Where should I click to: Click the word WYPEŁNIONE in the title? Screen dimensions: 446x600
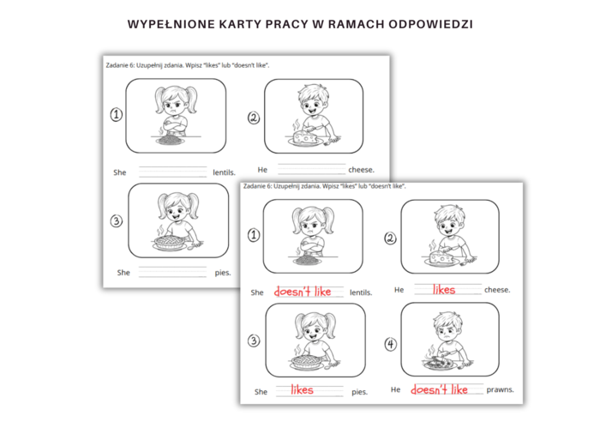[169, 24]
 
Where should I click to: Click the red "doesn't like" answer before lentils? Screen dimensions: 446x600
[302, 292]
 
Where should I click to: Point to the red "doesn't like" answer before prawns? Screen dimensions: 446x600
[439, 389]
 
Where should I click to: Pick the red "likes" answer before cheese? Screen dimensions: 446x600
[443, 290]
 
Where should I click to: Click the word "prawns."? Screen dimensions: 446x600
[500, 389]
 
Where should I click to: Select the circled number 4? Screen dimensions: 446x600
[391, 345]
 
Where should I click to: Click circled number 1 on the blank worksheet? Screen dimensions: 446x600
[117, 115]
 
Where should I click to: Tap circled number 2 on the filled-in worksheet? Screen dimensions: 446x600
[390, 238]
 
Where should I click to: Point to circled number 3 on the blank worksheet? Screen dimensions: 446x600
[117, 220]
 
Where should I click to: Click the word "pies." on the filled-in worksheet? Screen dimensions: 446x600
[359, 392]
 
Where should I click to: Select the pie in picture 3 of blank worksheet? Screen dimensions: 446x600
[171, 244]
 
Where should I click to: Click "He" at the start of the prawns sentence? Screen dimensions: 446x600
[395, 389]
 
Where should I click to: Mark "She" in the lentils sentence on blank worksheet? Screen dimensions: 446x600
[120, 172]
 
